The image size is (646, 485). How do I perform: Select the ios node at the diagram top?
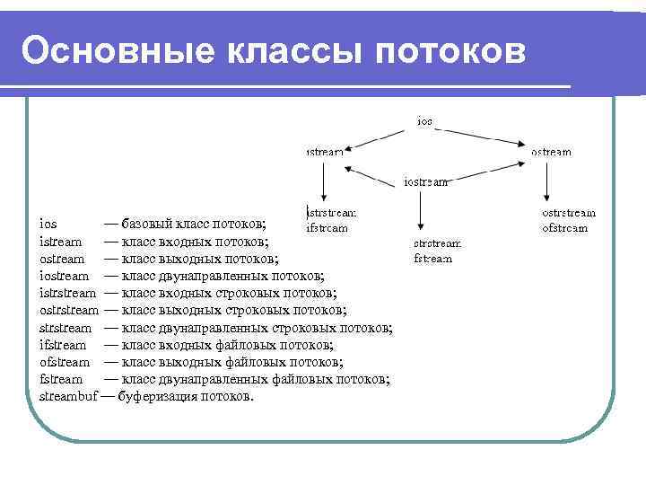pos(424,120)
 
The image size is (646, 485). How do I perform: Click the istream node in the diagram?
pos(324,152)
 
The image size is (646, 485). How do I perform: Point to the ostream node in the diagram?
pos(551,152)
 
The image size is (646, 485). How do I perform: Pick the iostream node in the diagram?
pos(426,181)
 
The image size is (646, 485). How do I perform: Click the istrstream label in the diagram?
pos(331,213)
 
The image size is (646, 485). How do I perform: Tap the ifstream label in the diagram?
pos(327,227)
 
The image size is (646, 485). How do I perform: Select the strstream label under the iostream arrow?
pos(437,243)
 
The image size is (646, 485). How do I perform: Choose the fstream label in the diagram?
pos(433,258)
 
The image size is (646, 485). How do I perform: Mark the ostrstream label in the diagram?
pos(569,213)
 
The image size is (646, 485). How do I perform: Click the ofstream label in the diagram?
pos(565,227)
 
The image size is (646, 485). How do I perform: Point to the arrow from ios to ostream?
pos(480,136)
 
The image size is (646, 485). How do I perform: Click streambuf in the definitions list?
pos(68,395)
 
